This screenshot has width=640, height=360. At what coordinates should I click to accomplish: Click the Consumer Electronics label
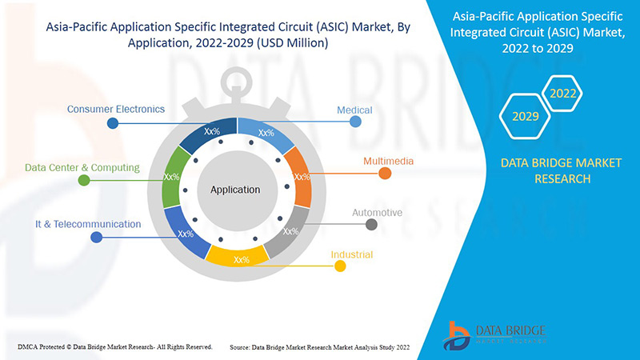click(x=116, y=109)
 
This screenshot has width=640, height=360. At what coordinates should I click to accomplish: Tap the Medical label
click(x=354, y=110)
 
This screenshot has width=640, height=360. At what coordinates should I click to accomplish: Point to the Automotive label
click(x=377, y=213)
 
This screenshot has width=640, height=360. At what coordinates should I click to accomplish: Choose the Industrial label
click(x=352, y=255)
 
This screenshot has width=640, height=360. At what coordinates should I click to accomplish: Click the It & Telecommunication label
click(x=87, y=224)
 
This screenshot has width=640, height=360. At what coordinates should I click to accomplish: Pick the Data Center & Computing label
click(x=82, y=168)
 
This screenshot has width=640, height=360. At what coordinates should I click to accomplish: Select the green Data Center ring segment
click(x=171, y=177)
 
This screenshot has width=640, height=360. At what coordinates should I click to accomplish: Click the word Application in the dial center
click(x=235, y=190)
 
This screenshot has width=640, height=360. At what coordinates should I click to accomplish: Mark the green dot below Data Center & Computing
click(x=83, y=181)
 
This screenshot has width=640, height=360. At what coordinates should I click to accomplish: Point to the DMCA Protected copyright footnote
click(x=114, y=346)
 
